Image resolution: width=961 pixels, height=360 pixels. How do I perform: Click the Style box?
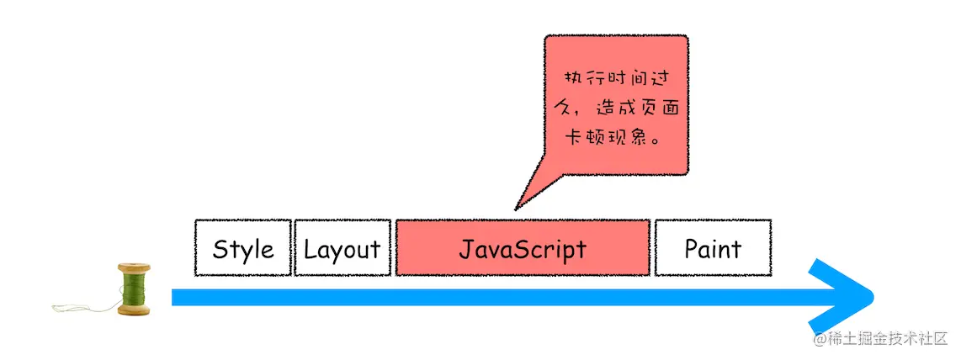click(x=243, y=248)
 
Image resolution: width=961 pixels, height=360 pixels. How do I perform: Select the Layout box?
click(x=342, y=248)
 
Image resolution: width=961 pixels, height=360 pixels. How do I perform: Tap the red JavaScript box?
click(x=522, y=248)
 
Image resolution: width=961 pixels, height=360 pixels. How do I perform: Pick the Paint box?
click(x=713, y=248)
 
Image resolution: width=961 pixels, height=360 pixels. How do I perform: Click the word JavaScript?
click(x=522, y=250)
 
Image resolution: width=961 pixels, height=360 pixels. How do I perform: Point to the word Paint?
click(x=713, y=249)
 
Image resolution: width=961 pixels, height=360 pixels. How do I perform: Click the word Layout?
click(x=342, y=250)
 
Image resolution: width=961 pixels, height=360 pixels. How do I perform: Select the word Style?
click(x=243, y=250)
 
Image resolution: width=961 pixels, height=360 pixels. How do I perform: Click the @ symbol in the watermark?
click(x=820, y=338)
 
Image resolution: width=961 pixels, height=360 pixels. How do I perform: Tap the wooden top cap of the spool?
click(x=135, y=267)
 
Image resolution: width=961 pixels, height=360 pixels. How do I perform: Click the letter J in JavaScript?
click(x=465, y=250)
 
